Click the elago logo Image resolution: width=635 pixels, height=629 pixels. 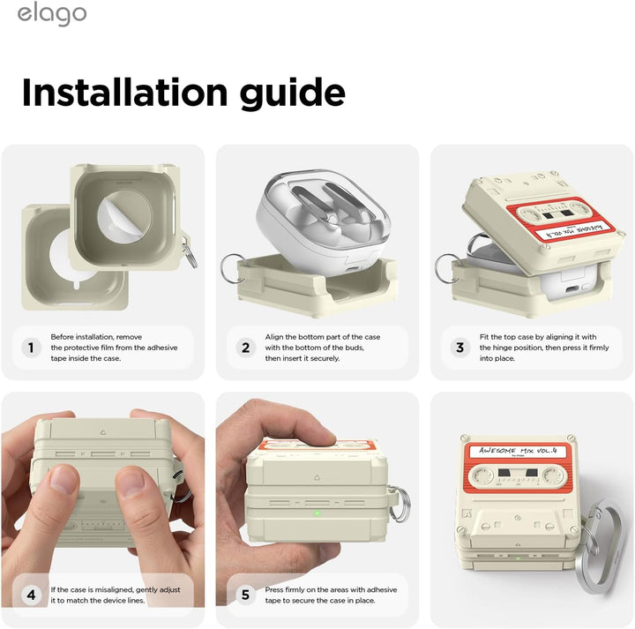[52, 15]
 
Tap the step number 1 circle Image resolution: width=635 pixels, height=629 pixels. [32, 348]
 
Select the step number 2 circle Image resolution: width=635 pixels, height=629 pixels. [246, 348]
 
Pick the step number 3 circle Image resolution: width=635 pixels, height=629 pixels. [459, 348]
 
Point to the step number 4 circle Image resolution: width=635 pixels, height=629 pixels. [32, 595]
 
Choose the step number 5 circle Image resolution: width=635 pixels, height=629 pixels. [246, 595]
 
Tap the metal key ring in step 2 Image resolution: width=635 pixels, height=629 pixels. [232, 269]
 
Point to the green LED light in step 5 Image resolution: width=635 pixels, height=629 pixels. [317, 513]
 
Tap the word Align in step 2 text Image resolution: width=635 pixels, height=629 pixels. [274, 337]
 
